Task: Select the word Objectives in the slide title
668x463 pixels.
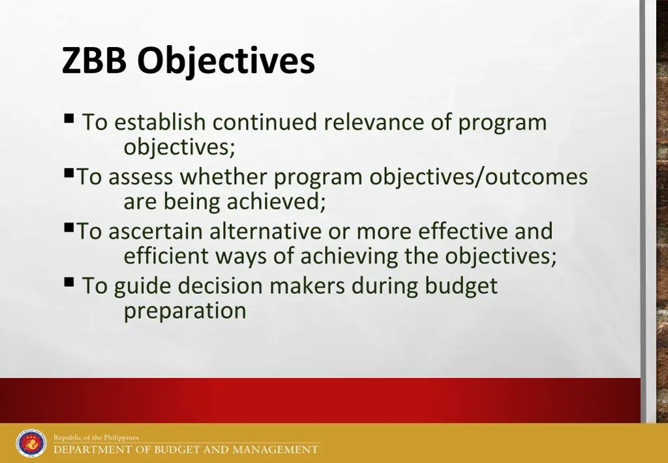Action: tap(226, 62)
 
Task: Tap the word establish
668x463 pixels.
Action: tap(160, 122)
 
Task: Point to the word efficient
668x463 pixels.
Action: tap(165, 256)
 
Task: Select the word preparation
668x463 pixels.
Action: tap(185, 311)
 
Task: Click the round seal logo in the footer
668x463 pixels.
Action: tap(31, 443)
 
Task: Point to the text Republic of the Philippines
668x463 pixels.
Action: tap(96, 438)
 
